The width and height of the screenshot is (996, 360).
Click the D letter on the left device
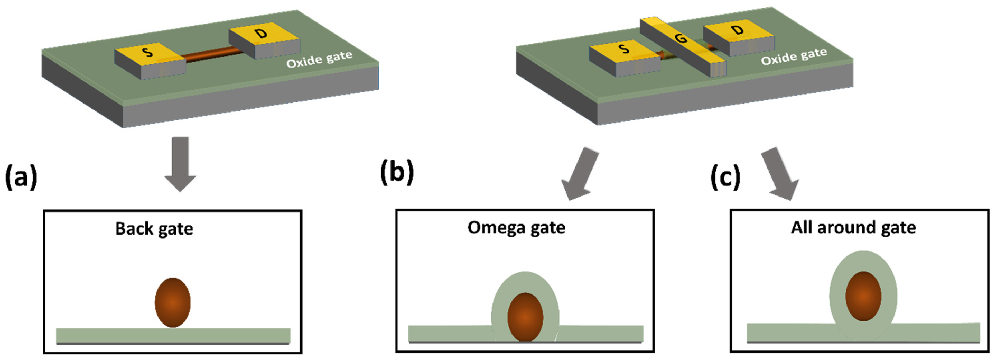(262, 33)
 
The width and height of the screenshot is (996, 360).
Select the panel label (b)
(397, 172)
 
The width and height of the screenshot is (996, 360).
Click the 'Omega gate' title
(516, 227)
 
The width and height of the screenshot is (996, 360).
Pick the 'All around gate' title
(853, 227)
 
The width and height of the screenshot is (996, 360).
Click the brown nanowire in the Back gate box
(173, 302)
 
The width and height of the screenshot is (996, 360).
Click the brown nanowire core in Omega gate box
(525, 317)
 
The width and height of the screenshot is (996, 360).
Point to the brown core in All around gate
(863, 296)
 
